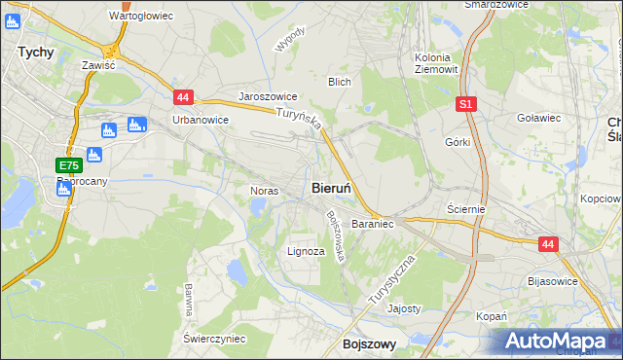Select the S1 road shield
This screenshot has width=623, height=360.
click(x=467, y=102)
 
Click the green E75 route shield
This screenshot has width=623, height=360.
click(x=68, y=166)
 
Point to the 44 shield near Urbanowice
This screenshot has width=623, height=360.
click(x=184, y=96)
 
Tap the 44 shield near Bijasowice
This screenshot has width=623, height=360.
click(x=548, y=245)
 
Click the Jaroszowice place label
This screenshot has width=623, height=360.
click(x=268, y=98)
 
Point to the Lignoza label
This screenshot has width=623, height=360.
click(x=306, y=251)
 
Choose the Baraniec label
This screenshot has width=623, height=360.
click(x=372, y=224)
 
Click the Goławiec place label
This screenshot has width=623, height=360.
click(x=539, y=118)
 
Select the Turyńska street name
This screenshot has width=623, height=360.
click(x=296, y=123)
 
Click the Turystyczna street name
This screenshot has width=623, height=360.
click(x=392, y=281)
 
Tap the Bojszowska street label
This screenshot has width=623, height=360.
click(x=337, y=236)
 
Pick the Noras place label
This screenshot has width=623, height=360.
click(x=265, y=191)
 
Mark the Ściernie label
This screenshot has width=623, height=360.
click(x=465, y=209)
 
